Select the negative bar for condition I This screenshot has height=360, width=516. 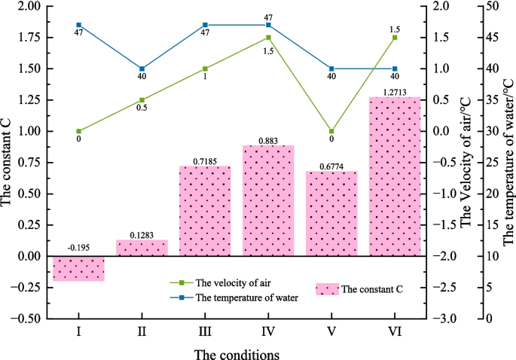point(78,268)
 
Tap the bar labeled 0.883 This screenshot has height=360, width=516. point(268,200)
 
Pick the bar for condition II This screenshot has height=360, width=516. point(142,248)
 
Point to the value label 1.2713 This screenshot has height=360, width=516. point(395,92)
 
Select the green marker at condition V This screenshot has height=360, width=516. point(331,131)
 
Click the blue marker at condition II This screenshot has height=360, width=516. point(142,69)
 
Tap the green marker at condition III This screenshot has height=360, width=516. point(205,69)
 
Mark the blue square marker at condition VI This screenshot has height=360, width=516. point(395,69)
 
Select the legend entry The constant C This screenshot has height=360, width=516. point(368,288)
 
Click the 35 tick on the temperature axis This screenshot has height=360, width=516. point(487,100)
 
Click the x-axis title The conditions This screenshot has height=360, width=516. point(237,352)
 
